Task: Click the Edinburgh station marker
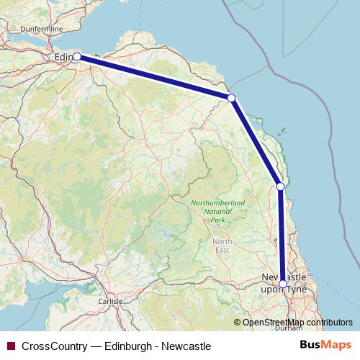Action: (x=77, y=56)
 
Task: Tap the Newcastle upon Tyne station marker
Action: (x=283, y=284)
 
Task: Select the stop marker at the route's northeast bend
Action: (x=231, y=98)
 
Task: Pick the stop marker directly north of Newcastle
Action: (x=281, y=186)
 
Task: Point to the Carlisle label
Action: (x=111, y=301)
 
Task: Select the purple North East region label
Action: (x=222, y=246)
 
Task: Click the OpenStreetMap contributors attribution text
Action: (x=297, y=322)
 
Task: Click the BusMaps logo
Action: (x=326, y=346)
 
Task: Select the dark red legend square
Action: (x=11, y=346)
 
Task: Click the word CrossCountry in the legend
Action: (x=55, y=346)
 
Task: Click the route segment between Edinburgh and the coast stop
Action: (x=155, y=77)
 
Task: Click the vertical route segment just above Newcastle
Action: (x=282, y=238)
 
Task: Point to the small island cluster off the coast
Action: (x=282, y=131)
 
